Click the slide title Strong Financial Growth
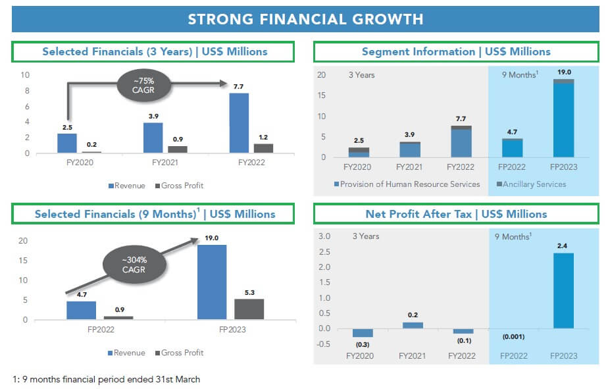tap(305, 18)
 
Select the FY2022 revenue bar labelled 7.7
tap(239, 123)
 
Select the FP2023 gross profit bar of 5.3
tap(249, 309)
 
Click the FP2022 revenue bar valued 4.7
tap(81, 311)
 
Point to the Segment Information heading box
tap(456, 51)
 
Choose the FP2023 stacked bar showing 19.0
tap(563, 118)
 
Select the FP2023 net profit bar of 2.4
tap(563, 290)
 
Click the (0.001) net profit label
tap(513, 336)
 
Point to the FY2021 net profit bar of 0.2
tap(413, 325)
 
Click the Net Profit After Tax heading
tap(456, 214)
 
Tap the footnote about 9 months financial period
tap(106, 379)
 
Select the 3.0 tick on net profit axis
tap(324, 236)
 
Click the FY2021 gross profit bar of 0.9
tap(178, 149)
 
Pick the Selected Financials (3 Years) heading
tap(155, 51)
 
